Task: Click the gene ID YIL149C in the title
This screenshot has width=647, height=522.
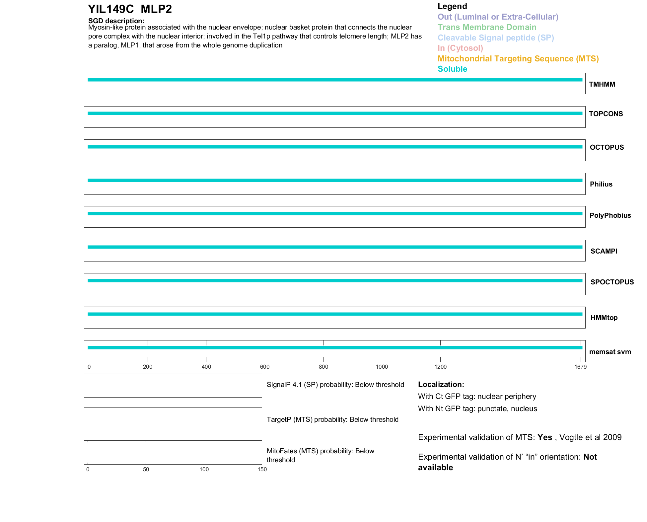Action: pos(111,9)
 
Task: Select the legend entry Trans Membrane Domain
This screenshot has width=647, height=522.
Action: pos(487,27)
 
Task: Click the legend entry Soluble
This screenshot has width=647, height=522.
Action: pos(452,69)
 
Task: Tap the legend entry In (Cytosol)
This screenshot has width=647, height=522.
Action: pos(460,48)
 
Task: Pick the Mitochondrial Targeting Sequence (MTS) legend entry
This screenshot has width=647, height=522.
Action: pos(518,59)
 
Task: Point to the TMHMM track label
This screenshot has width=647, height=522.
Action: pos(602,84)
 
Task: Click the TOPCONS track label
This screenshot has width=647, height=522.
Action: pos(606,114)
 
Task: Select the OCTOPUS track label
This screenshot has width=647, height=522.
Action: pos(607,147)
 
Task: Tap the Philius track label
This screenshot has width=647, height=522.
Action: pos(601,184)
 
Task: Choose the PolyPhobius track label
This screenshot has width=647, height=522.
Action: pos(610,215)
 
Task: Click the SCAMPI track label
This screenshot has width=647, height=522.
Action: pos(604,251)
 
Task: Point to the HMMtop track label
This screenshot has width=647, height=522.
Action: pos(604,318)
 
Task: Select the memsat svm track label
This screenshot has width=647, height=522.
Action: pos(610,352)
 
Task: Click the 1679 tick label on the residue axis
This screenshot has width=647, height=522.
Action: pos(581,367)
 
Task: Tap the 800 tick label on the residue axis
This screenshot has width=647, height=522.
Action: pos(323,367)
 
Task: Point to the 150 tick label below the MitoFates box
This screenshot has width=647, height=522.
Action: pos(262,469)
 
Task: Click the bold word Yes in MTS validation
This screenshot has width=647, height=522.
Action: pos(545,437)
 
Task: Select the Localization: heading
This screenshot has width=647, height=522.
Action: pos(441,384)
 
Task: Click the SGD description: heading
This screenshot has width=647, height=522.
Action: pos(116,21)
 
